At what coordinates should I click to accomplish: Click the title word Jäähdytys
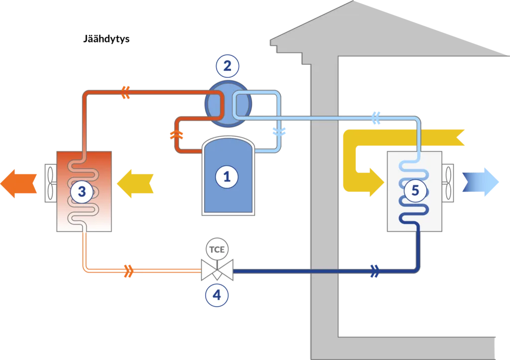tap(107, 39)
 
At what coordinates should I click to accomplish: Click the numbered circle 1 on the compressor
tap(227, 177)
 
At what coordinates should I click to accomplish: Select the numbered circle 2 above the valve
tap(227, 66)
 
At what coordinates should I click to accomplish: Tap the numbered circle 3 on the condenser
tap(82, 192)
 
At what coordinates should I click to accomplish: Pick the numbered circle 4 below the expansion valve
tap(217, 295)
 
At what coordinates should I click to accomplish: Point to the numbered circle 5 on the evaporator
tap(415, 191)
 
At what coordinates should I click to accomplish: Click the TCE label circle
tap(217, 249)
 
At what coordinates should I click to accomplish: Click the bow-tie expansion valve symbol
tap(217, 270)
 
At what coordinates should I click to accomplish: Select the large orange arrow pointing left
tap(18, 184)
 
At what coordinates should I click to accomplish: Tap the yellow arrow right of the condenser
tap(135, 184)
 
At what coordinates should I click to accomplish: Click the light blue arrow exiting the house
tap(481, 182)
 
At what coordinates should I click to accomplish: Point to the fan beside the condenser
tap(50, 183)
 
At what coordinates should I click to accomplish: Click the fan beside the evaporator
tap(448, 183)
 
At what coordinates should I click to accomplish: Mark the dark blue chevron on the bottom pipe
tap(375, 271)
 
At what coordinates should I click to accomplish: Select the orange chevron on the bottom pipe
tap(129, 271)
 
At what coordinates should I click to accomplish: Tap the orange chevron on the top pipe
tap(126, 92)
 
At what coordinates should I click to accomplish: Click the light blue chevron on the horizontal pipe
tap(376, 118)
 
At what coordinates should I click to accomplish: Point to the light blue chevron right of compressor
tap(279, 131)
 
